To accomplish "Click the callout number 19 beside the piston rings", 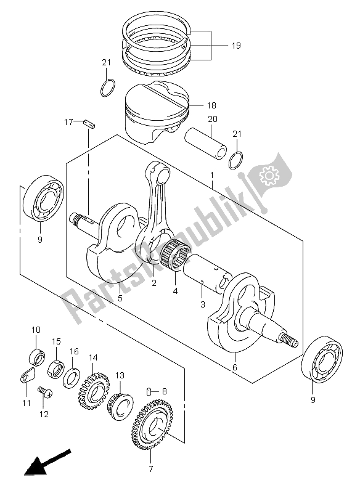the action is pos(236,46).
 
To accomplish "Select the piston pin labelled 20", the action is pos(206,142).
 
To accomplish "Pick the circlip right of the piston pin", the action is pos(236,160).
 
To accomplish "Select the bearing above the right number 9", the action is pos(322,359).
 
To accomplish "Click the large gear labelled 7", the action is pos(153,425).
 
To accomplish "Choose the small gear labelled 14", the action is pos(93,391).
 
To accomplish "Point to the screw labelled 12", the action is pos(45,392).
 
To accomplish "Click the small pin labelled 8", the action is pos(150,391).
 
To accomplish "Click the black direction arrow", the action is pos(47,463).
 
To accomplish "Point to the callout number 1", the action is pos(212,175).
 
